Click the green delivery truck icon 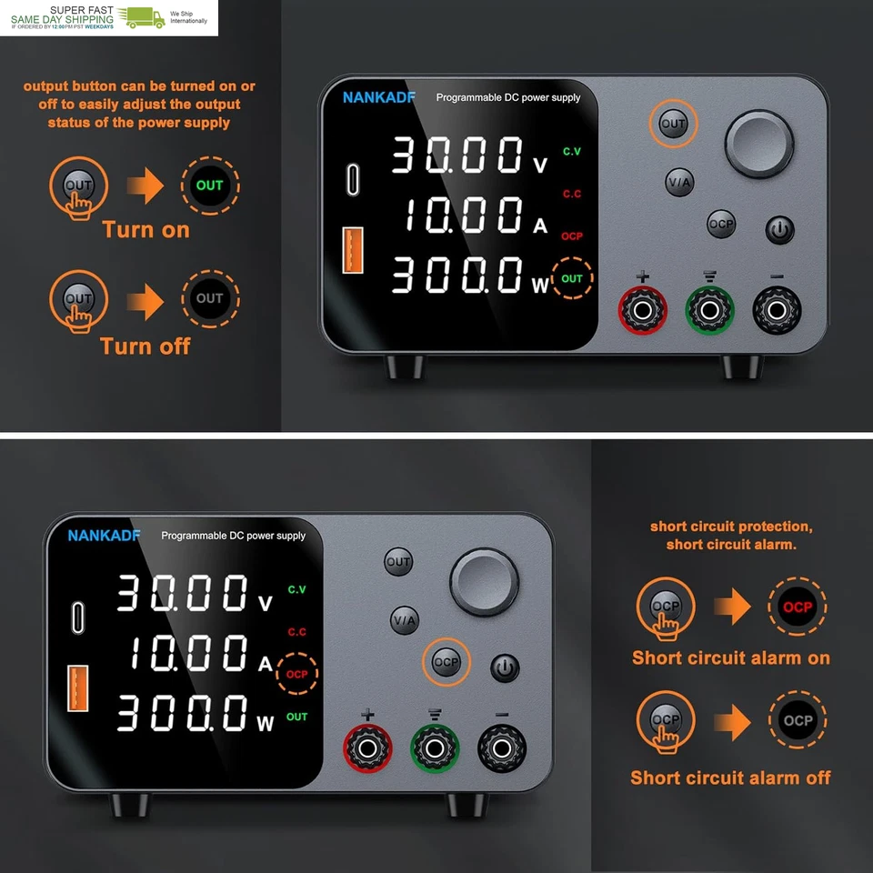point(145,17)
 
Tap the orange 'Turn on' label point(145,229)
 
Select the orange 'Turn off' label point(145,346)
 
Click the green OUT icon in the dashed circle point(209,186)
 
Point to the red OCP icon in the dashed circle point(798,607)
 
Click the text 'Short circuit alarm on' point(730,657)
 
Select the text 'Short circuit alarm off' point(730,778)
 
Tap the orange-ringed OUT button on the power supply point(673,124)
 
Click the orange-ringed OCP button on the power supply point(447,662)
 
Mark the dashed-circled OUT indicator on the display point(572,278)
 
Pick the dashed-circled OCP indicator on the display point(297,674)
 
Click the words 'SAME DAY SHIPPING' point(62,19)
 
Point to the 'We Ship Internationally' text point(188,17)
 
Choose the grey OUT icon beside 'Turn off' point(209,298)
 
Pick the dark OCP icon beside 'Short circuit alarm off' point(798,720)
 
